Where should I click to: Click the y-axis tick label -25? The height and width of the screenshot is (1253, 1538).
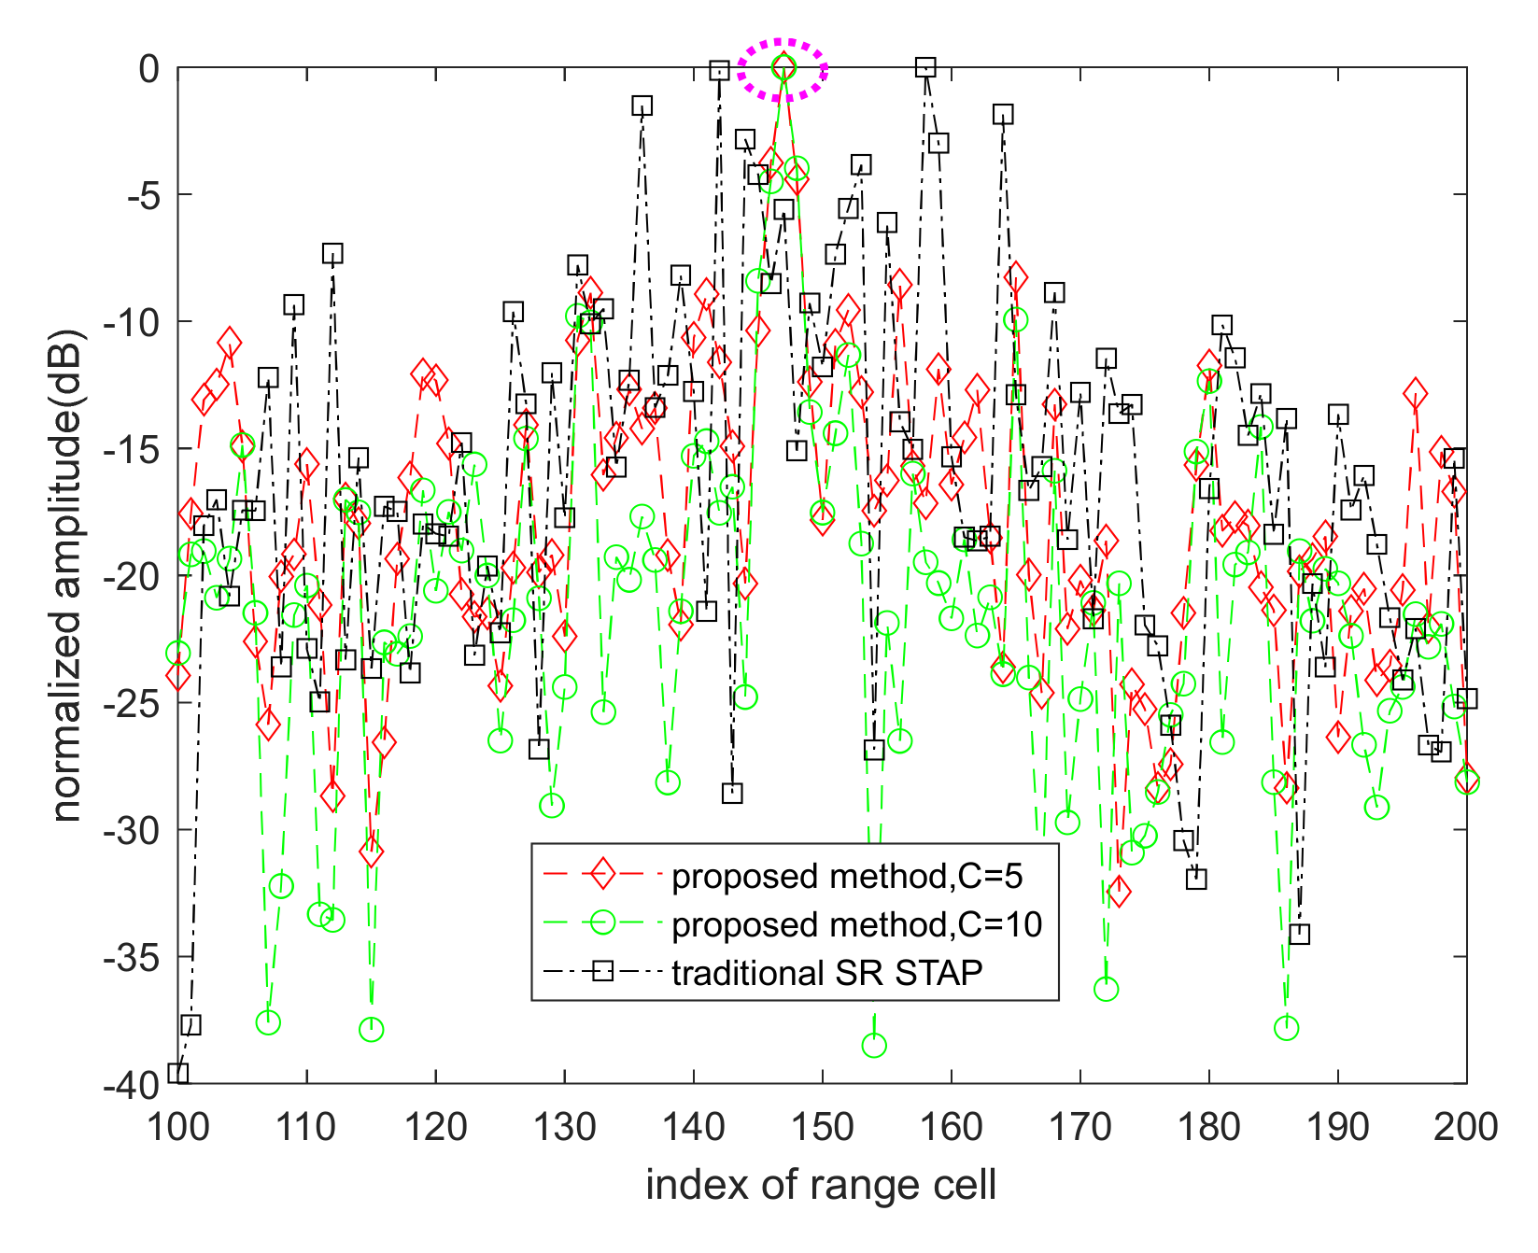point(135,702)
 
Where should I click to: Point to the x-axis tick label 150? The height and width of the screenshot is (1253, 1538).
point(822,1127)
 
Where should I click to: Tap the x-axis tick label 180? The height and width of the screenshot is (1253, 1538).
point(1208,1127)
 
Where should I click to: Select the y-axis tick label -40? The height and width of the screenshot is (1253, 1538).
point(135,1084)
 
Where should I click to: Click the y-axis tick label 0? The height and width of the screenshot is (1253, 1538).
point(149,68)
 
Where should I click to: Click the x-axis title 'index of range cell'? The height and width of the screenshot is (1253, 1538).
point(821,1185)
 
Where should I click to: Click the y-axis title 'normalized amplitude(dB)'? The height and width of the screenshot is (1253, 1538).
point(67,575)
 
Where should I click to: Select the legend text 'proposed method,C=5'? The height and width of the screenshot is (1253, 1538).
point(847,876)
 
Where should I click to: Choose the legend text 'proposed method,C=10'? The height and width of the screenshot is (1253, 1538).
point(856,924)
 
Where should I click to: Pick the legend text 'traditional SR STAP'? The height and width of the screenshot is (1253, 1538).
point(827,973)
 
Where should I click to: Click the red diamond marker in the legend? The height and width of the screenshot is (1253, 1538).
point(602,875)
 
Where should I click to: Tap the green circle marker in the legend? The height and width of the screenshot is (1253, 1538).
point(602,923)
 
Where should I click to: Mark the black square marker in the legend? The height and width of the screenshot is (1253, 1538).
point(602,972)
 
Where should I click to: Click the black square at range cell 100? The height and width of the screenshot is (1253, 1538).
point(178,1073)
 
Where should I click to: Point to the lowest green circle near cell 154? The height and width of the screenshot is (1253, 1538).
point(874,1046)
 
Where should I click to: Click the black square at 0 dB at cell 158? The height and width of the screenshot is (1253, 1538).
point(925,67)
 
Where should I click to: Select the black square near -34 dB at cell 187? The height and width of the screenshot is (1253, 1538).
point(1299,934)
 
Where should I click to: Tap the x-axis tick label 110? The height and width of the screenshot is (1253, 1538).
point(306,1127)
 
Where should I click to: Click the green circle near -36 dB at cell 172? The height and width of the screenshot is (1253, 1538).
point(1106,989)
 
